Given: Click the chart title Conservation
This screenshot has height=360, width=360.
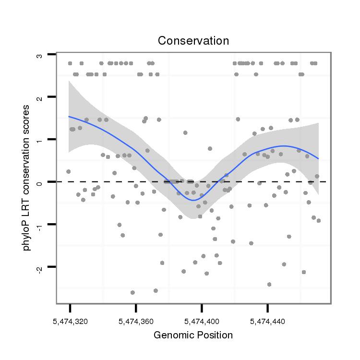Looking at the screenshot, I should (193, 41).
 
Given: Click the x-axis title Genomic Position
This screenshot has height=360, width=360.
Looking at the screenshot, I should (193, 335).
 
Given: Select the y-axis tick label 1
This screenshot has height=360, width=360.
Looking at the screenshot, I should (39, 140).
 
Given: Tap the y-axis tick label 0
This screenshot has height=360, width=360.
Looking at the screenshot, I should (39, 182).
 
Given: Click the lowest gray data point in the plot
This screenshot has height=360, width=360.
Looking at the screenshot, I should (132, 292).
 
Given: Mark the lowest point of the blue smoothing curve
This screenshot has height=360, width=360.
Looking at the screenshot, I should (192, 200).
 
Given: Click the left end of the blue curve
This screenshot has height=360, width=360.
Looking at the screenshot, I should (69, 116).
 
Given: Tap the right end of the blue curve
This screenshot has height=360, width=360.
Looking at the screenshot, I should (318, 159).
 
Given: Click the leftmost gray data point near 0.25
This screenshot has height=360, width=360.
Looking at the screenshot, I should (69, 171).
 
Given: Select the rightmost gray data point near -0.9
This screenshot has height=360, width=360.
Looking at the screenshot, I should (318, 220).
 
